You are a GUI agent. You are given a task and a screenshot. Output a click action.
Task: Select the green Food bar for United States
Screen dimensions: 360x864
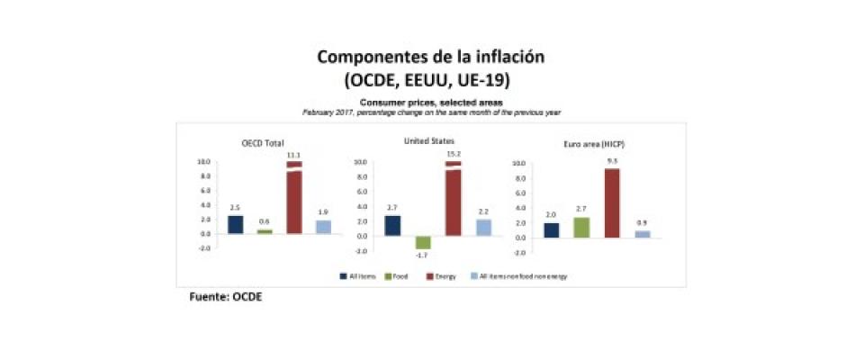click(422, 242)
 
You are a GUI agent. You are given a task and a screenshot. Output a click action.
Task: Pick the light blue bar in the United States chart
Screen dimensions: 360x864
click(483, 227)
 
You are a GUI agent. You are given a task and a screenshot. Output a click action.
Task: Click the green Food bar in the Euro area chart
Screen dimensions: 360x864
click(581, 227)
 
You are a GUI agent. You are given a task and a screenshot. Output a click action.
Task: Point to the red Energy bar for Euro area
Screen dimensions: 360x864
click(612, 202)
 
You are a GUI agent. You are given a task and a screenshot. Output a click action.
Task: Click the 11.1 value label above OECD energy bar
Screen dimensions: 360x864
click(293, 155)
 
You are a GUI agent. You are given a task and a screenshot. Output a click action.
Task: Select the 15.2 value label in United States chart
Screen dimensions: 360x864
click(453, 154)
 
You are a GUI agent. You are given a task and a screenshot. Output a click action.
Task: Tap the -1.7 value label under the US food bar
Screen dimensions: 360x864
click(422, 255)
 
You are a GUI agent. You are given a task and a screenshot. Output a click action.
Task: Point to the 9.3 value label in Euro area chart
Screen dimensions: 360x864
click(612, 160)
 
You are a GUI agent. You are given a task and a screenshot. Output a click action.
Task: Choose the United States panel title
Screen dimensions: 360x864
click(429, 141)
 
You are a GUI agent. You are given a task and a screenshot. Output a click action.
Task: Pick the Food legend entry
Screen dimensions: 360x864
click(396, 275)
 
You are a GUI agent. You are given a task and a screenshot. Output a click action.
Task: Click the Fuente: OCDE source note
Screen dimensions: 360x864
click(225, 296)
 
